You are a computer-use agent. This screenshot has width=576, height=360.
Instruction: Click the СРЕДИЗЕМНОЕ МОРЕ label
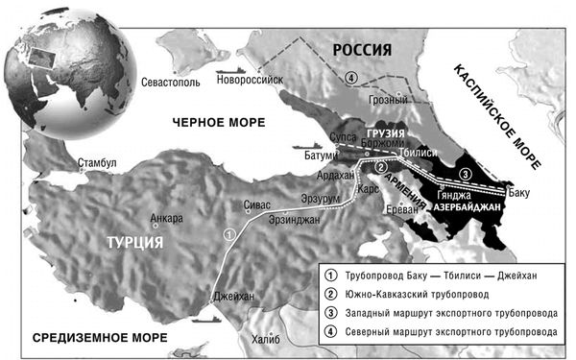click(99, 338)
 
